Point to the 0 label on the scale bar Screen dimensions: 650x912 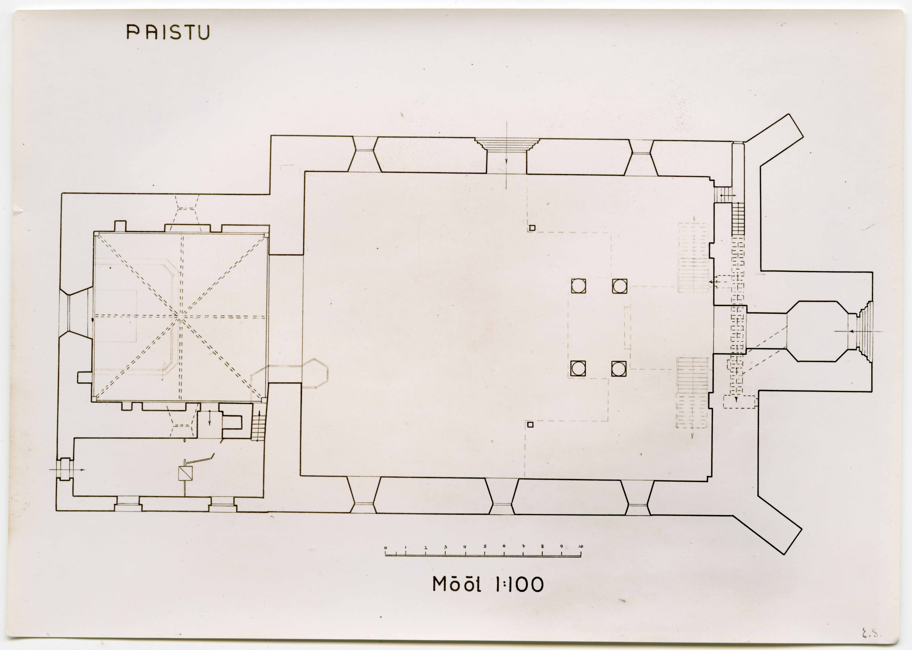point(385,547)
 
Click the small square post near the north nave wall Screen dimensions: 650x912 point(532,228)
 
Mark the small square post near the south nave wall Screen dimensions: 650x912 point(530,425)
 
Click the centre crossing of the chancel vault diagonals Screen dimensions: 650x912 point(181,316)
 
